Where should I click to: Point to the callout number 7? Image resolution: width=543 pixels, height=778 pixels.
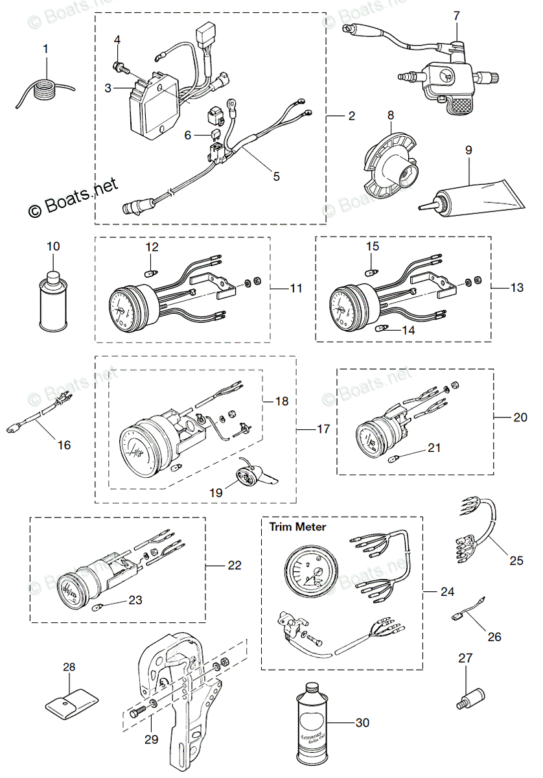tap(456, 14)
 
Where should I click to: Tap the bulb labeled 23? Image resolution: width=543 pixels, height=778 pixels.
tap(98, 607)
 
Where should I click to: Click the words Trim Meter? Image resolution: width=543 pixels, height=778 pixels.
tap(298, 527)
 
